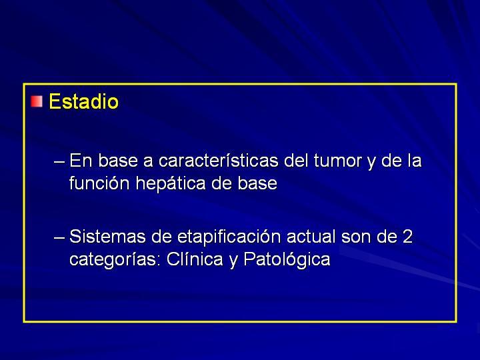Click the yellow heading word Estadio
83,101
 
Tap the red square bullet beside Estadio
37,101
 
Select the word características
219,161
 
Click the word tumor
338,161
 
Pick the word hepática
171,184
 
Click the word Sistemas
107,237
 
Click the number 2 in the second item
407,237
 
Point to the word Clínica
195,259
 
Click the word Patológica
287,259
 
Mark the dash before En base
59,161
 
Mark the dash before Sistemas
59,237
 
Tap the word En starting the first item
81,161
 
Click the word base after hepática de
257,183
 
